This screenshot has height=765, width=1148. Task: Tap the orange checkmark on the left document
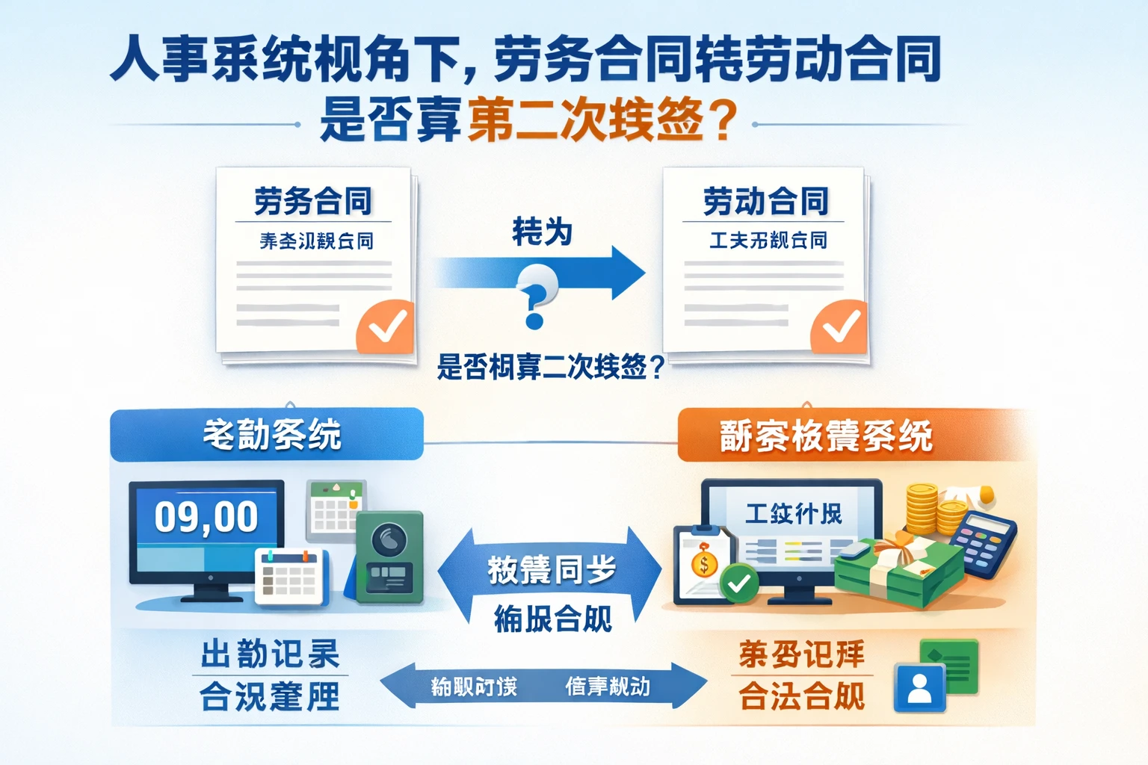(x=386, y=326)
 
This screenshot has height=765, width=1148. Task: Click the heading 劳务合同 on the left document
(x=313, y=201)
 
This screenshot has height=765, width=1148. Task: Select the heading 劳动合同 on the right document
(x=765, y=201)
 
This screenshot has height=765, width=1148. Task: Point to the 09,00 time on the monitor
(x=206, y=517)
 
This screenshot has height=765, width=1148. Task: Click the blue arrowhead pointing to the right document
(x=626, y=273)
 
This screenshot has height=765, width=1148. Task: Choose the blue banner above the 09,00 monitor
(x=267, y=434)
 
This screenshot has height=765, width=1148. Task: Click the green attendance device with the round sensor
(x=389, y=557)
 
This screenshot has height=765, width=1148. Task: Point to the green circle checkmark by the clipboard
(x=738, y=583)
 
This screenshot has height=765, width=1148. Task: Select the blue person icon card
(x=919, y=686)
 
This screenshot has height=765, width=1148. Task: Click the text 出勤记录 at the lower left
(x=270, y=654)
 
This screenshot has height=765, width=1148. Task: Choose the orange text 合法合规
(x=801, y=696)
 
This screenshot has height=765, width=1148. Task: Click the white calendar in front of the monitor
(x=290, y=576)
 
